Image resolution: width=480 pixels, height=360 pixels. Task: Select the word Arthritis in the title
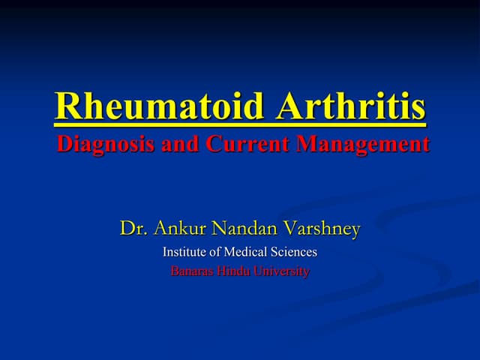click(x=351, y=107)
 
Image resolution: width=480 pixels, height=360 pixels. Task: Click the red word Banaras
click(x=192, y=271)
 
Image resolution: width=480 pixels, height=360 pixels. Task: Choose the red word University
click(x=282, y=271)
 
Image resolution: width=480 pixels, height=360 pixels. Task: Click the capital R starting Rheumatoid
click(x=68, y=107)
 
